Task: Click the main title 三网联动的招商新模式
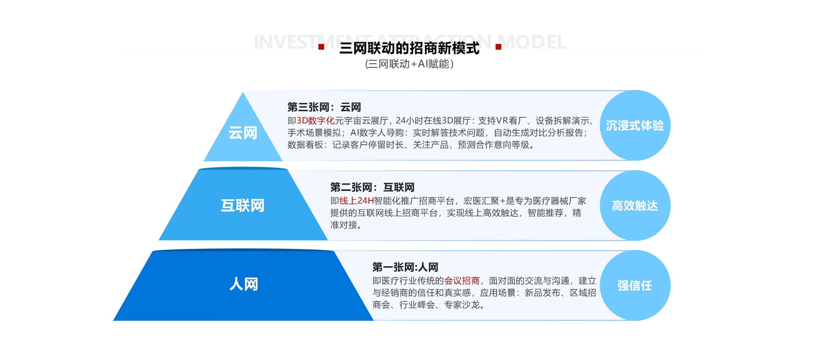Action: point(409,48)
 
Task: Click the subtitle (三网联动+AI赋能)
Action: point(409,64)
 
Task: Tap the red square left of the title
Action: point(321,47)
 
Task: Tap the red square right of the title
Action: point(498,47)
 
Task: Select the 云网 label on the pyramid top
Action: point(243,133)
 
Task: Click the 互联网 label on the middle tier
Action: point(243,205)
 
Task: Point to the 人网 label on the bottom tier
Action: point(244,284)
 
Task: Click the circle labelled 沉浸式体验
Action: point(635,125)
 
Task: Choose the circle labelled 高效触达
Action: point(635,205)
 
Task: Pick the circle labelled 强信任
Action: point(635,286)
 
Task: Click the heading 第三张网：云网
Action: point(324,107)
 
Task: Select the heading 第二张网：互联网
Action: point(372,187)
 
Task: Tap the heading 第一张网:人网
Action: point(405,267)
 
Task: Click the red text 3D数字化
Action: point(315,121)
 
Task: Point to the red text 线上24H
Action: point(357,201)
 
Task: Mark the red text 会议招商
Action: point(462,281)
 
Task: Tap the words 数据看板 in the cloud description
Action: point(305,145)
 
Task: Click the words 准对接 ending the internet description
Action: point(344,225)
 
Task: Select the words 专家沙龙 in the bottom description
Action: point(462,305)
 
